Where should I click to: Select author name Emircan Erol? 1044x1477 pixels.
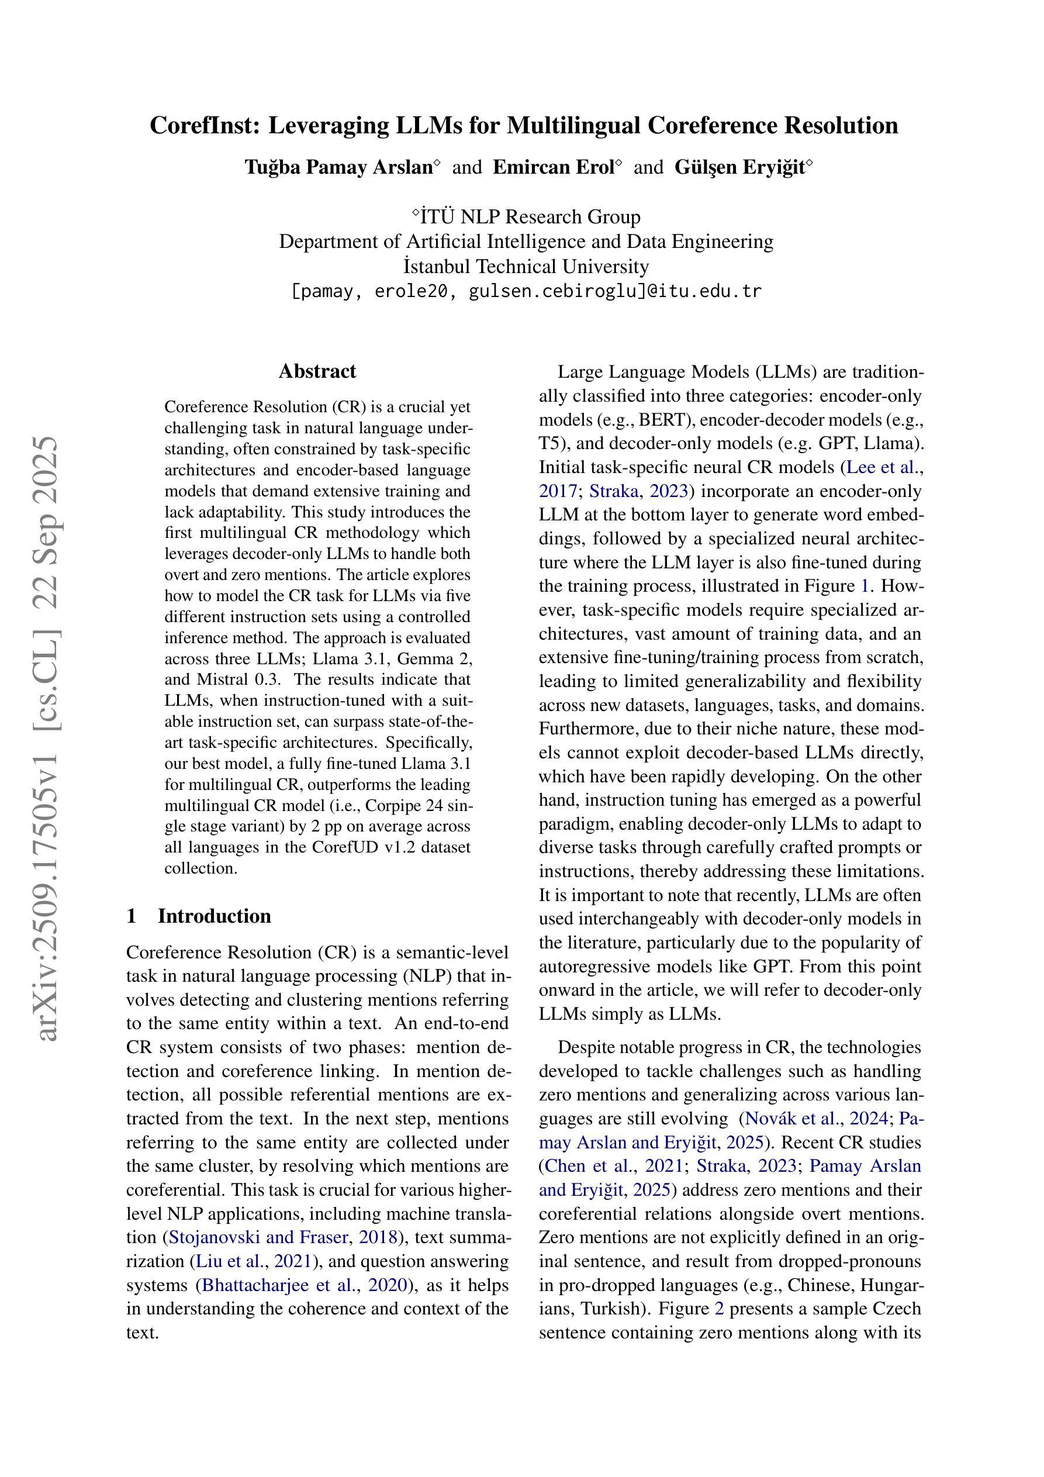click(x=553, y=167)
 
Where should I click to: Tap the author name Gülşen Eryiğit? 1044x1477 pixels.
click(x=739, y=167)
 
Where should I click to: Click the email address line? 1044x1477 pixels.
click(x=526, y=291)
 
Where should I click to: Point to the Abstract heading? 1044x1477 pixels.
click(x=317, y=371)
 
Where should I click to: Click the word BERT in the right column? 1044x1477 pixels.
click(x=662, y=419)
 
